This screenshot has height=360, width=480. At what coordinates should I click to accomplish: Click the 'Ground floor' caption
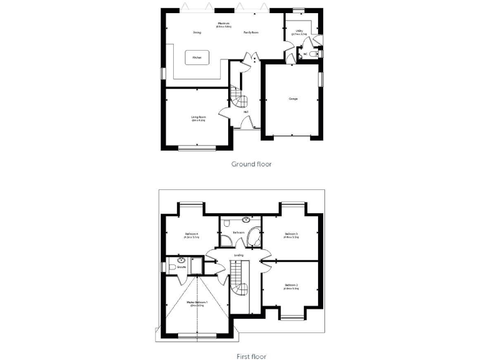pos(252,164)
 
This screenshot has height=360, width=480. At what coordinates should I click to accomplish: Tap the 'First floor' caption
pos(251,356)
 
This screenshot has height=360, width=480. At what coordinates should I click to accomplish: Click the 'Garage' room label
pos(292,99)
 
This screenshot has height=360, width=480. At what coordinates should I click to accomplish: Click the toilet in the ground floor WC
pos(316,54)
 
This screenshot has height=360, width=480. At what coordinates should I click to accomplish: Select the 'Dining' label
pos(197,32)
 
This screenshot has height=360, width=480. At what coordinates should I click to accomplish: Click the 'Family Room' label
pos(251,32)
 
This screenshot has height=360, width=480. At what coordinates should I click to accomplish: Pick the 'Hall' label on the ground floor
pos(246,112)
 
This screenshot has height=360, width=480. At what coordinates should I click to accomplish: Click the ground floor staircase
pos(237,97)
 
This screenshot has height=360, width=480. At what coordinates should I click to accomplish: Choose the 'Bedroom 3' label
pos(291,235)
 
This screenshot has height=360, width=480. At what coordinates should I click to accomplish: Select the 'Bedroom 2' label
pos(291,287)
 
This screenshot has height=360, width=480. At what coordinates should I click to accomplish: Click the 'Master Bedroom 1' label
pos(197,303)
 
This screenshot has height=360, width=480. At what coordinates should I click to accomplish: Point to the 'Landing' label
pos(239,255)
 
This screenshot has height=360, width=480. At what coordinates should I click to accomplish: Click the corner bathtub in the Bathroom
pos(254,237)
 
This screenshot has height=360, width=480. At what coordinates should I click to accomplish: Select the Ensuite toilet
pos(171,267)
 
